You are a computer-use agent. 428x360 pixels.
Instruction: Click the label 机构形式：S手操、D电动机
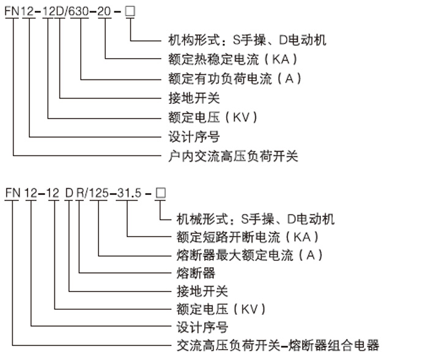tap(247, 40)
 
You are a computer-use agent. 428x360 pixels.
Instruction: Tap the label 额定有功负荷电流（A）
tap(235, 79)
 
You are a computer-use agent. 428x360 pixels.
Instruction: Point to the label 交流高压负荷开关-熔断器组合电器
tap(274, 345)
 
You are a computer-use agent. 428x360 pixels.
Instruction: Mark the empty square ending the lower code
tap(160, 193)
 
